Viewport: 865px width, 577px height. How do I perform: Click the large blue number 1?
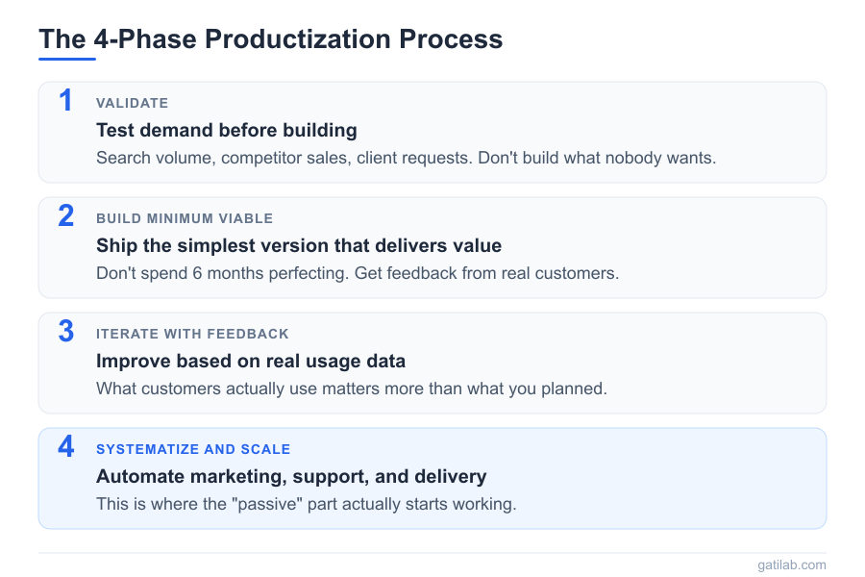pos(66,100)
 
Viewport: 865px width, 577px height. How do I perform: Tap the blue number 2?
pos(66,215)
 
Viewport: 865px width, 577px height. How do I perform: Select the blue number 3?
pos(66,331)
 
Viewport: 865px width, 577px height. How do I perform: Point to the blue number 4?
pos(66,446)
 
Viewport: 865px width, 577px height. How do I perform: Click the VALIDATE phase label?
pos(133,103)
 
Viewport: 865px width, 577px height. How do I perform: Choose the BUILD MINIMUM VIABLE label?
pos(185,218)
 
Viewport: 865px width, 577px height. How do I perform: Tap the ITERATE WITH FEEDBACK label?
pos(192,334)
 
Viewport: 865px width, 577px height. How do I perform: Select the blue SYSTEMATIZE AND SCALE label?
pos(193,449)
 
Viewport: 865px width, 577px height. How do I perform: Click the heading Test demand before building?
pos(227,131)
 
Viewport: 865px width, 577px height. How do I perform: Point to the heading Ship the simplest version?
pos(299,246)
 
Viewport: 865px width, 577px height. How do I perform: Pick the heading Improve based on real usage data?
pos(251,362)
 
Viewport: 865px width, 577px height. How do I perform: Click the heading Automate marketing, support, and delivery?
pos(291,477)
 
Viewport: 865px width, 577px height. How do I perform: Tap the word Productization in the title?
pos(298,39)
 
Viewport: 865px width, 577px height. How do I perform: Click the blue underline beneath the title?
pos(67,59)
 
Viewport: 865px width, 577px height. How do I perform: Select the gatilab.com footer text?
pos(792,564)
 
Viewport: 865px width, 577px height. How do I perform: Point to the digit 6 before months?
pos(197,273)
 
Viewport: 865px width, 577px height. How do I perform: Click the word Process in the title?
pos(451,39)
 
